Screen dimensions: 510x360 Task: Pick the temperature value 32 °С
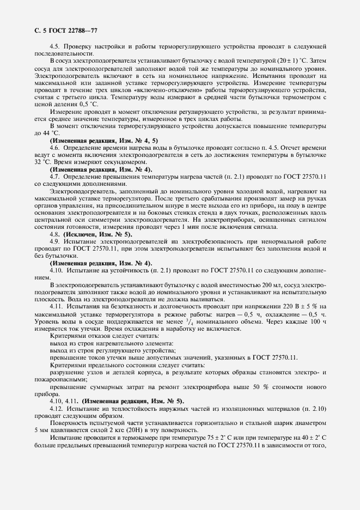click(x=42, y=162)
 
